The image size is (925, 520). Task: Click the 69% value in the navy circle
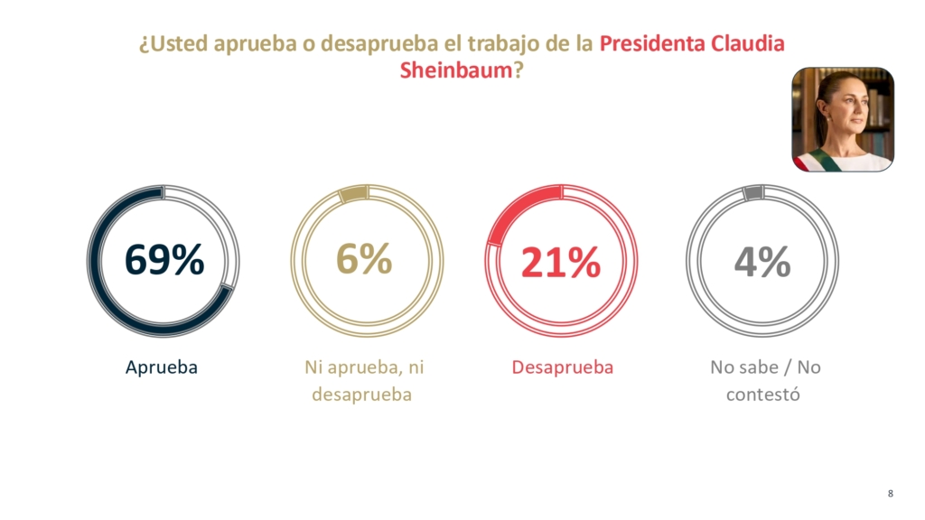pyautogui.click(x=164, y=259)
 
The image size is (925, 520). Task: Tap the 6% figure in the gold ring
pyautogui.click(x=364, y=258)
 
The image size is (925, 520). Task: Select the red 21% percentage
pyautogui.click(x=560, y=262)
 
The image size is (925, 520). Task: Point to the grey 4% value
pyautogui.click(x=762, y=262)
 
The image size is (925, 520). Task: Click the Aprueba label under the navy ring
pyautogui.click(x=162, y=367)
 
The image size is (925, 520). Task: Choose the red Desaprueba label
pyautogui.click(x=562, y=367)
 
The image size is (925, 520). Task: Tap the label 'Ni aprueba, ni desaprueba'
pyautogui.click(x=364, y=380)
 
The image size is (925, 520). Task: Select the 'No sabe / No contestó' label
pyautogui.click(x=765, y=380)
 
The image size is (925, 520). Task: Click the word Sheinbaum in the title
pyautogui.click(x=455, y=70)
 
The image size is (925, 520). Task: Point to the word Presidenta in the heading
pyautogui.click(x=652, y=43)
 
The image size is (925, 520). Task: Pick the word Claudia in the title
pyautogui.click(x=747, y=43)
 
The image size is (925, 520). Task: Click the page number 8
pyautogui.click(x=890, y=494)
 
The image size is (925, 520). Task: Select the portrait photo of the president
pyautogui.click(x=843, y=120)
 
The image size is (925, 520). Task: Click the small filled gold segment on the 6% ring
pyautogui.click(x=354, y=194)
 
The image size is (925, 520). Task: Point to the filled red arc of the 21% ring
pyautogui.click(x=514, y=207)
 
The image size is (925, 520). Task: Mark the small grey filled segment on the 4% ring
pyautogui.click(x=753, y=192)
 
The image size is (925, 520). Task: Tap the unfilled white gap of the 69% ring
pyautogui.click(x=228, y=230)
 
